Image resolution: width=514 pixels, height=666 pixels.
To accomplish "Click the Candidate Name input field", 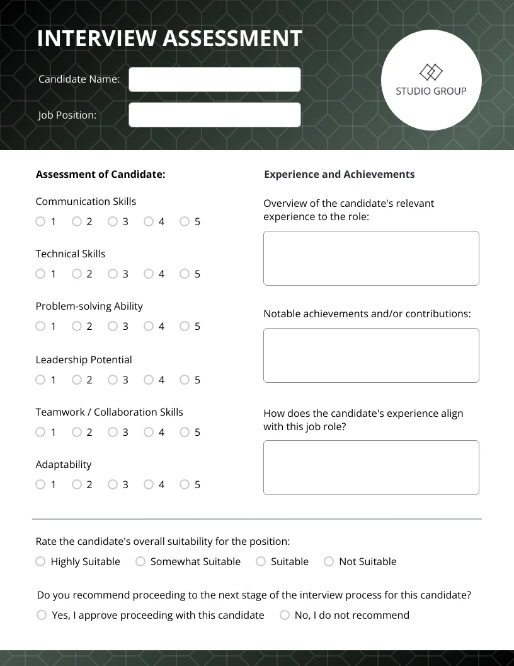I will point(215,79).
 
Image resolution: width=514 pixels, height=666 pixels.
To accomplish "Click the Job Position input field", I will point(215,115).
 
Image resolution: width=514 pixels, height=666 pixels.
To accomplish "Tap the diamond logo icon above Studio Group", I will point(431,72).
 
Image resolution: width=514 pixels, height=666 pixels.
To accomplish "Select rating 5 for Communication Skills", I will point(185,221).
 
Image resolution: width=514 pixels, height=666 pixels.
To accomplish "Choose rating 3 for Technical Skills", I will point(113,274).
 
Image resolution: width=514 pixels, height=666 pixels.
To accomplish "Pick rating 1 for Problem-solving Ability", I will point(41,326).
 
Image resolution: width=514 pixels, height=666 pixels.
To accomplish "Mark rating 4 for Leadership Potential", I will point(149,380).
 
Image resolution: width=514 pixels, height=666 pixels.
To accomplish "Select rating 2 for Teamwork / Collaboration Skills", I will point(77,432).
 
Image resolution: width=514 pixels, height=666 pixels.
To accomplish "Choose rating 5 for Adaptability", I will point(185,484).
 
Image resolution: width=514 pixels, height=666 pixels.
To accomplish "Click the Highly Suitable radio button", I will point(41,561).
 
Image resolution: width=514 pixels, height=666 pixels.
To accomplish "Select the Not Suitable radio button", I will point(329,561).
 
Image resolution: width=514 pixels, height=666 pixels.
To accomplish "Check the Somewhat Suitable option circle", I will point(140,561).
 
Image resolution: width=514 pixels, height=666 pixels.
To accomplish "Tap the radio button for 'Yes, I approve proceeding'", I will point(42,615).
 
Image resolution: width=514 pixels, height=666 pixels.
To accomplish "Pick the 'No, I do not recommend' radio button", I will point(285,615).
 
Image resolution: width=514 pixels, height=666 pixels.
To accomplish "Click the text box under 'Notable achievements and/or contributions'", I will point(371,355).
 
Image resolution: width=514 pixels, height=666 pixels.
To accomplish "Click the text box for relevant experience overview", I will point(371,258).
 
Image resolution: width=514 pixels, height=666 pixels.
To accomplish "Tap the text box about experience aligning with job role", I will point(371,467).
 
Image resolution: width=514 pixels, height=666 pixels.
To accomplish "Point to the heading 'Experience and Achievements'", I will point(339,174).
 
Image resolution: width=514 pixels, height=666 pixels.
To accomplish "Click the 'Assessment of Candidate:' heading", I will point(100,174).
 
